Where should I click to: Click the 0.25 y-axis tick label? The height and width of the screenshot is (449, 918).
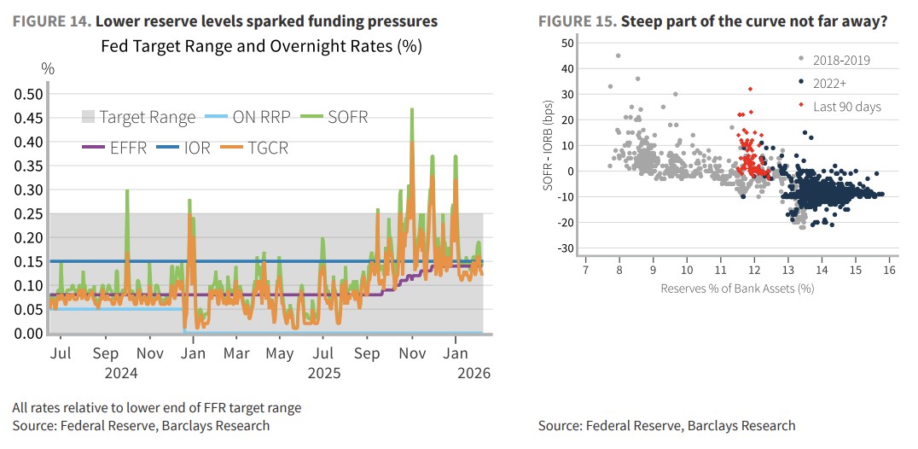(x=32, y=213)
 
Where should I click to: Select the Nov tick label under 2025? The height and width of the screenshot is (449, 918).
(x=412, y=353)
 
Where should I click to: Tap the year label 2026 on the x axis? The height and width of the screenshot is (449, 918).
(x=474, y=373)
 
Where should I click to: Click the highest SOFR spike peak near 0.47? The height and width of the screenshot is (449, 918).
(x=412, y=109)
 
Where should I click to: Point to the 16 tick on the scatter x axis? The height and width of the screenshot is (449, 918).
(x=889, y=270)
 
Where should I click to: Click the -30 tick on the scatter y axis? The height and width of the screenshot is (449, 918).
(x=564, y=248)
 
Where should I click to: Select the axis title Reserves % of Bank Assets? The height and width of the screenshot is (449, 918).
(x=737, y=289)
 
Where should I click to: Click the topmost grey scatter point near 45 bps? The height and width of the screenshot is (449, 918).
(x=618, y=56)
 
